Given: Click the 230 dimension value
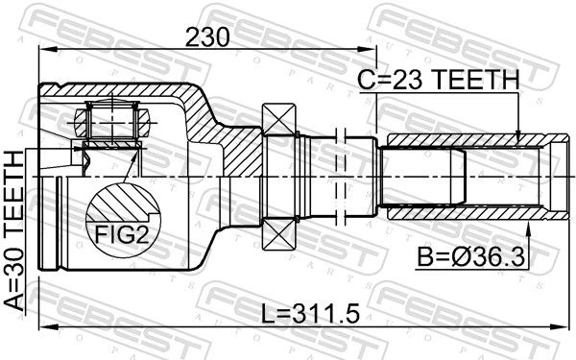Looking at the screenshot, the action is (x=207, y=37).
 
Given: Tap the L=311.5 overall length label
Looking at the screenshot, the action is (x=310, y=315).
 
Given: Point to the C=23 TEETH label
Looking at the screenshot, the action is (x=439, y=80).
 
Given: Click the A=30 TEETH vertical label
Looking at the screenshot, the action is (x=14, y=231).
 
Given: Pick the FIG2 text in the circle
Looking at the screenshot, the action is (x=122, y=234).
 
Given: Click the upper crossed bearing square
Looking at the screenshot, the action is (x=279, y=120).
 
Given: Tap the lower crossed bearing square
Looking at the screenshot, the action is (x=279, y=235).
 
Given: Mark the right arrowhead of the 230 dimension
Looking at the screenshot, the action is (x=368, y=49).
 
